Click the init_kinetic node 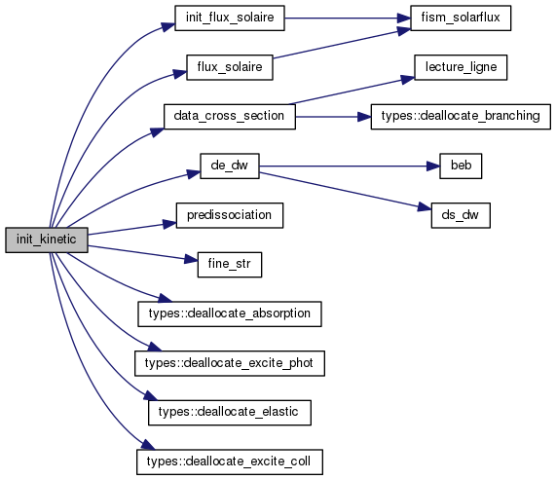47,240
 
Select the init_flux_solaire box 230,18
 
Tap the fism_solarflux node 461,18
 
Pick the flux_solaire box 230,67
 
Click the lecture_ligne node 461,67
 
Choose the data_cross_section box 230,117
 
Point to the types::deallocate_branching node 461,117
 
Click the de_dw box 230,166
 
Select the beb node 461,166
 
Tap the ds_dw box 461,215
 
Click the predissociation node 230,215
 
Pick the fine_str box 230,265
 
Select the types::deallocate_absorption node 230,314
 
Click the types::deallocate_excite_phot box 230,364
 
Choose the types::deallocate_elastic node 230,413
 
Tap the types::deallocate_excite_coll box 230,462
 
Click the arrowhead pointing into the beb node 433,166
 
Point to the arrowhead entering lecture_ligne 408,79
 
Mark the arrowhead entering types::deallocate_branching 364,117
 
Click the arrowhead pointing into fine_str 191,260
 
